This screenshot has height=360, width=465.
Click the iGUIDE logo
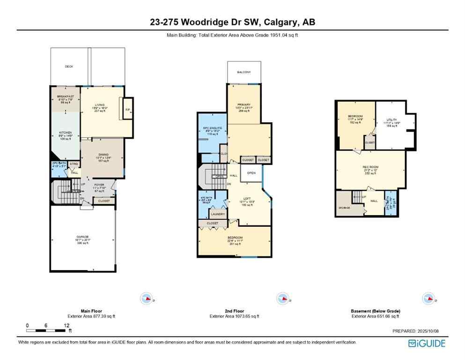pos(427,343)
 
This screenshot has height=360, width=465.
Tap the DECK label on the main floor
pos(69,67)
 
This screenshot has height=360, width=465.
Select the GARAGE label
pos(83,236)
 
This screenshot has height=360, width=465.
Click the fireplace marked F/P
pos(127,110)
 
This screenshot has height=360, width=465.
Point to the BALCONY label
pos(244,72)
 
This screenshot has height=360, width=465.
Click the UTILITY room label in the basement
pos(391,120)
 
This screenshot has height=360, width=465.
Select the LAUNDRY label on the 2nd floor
pos(217,214)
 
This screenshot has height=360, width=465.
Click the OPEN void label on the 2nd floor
pos(251,172)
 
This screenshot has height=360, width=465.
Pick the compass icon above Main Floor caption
pos(147,298)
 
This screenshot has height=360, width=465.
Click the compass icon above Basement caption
pos(428,298)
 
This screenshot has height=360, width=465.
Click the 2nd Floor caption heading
pos(234,311)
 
